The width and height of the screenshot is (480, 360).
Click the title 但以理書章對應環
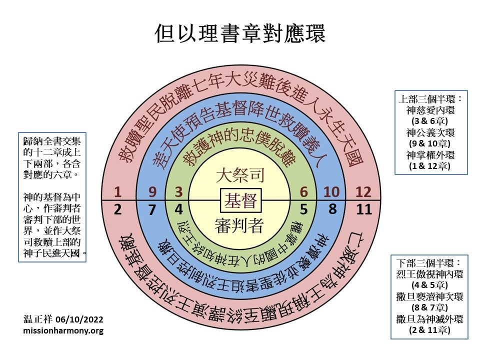[240, 33]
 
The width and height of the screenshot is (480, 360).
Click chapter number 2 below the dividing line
[117, 209]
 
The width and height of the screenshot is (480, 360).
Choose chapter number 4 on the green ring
[178, 209]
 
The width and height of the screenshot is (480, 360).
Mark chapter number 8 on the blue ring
[332, 209]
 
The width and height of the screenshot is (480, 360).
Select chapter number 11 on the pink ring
[364, 209]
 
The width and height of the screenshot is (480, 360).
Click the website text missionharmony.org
[63, 330]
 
